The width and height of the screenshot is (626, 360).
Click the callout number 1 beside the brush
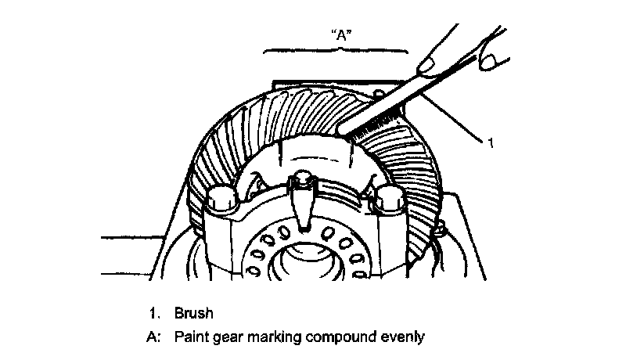[489, 143]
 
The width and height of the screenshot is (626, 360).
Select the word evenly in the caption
[401, 337]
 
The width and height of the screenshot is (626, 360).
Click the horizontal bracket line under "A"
[336, 50]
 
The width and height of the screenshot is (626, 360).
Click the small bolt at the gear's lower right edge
[440, 228]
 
